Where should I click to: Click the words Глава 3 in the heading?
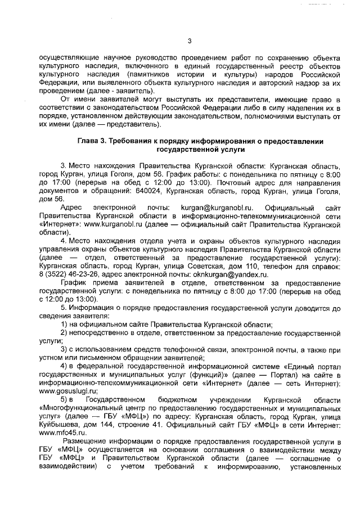click(92, 141)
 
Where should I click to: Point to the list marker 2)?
click(65, 332)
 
